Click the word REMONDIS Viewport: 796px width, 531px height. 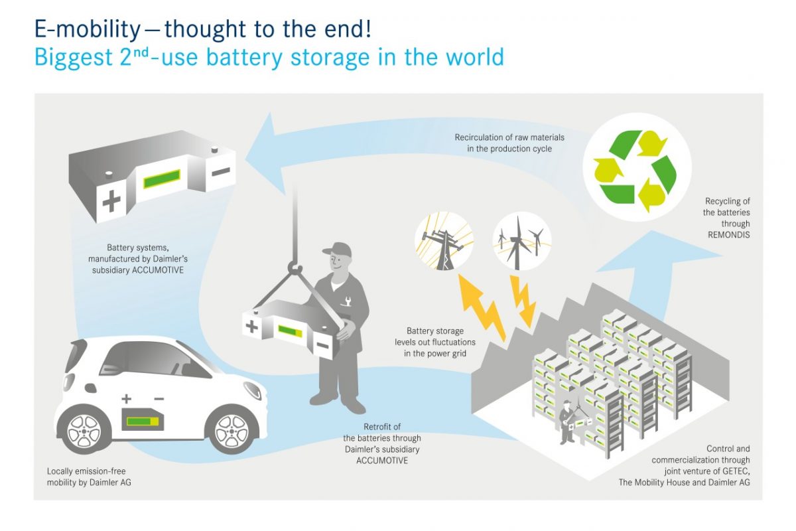pos(727,234)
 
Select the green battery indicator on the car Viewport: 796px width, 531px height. pos(142,421)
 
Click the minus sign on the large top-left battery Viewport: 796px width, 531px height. pos(220,171)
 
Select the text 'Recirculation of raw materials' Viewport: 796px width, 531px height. pos(503,137)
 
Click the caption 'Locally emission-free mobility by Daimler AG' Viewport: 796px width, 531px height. pos(89,477)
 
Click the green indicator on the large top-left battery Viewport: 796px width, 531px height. pos(162,179)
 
